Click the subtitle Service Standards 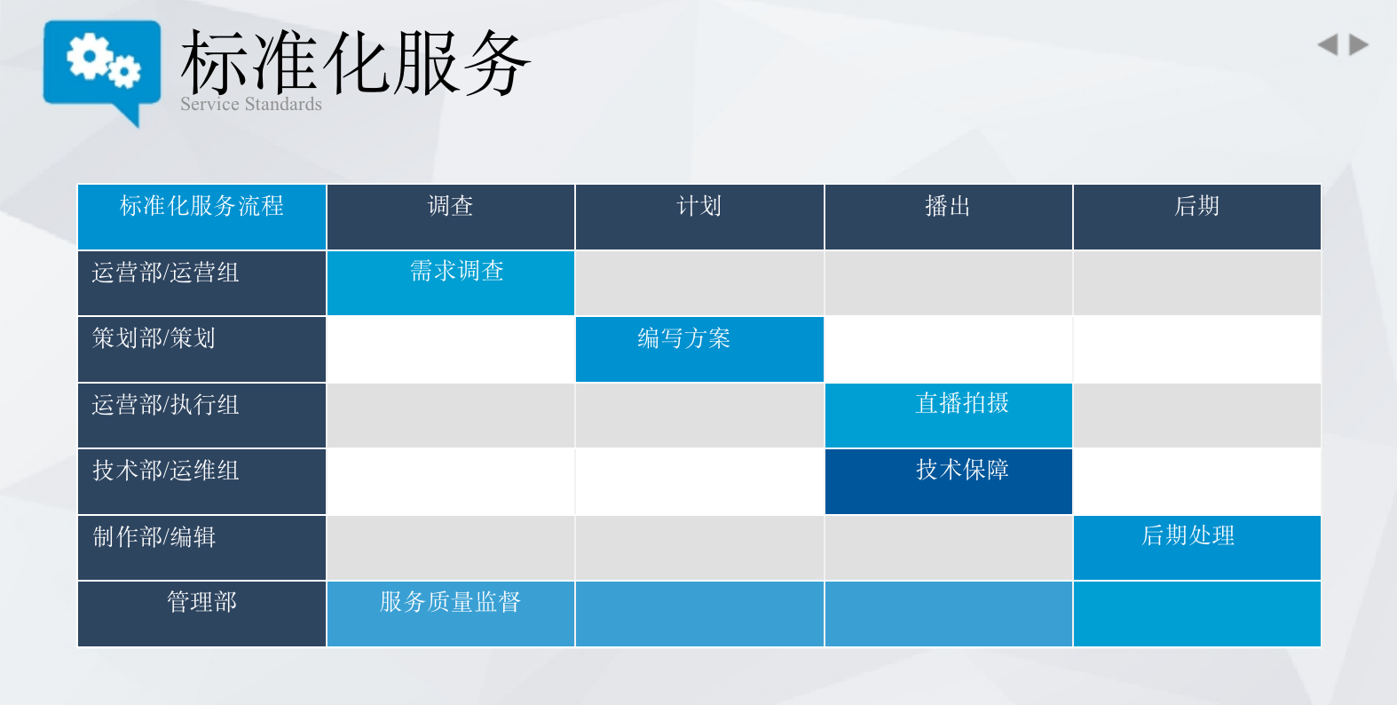tap(250, 104)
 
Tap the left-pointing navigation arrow tap(1328, 45)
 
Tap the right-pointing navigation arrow tap(1358, 45)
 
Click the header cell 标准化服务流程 tap(201, 218)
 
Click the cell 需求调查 tap(450, 283)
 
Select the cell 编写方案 tap(699, 349)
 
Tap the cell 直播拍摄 tap(948, 416)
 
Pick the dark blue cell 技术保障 tap(948, 481)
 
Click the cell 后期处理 tap(1196, 548)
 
